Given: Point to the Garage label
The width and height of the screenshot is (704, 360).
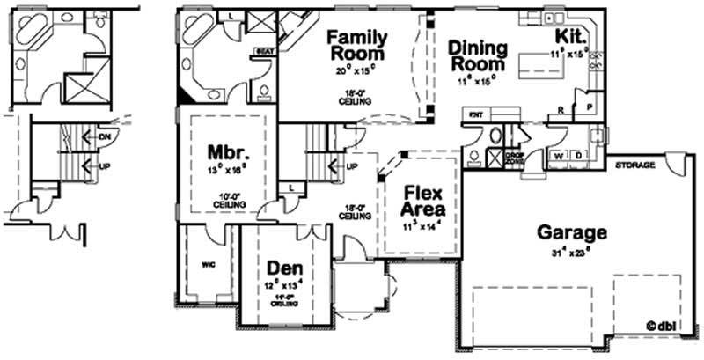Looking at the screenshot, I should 572,233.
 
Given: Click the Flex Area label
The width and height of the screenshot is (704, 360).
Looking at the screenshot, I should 422,202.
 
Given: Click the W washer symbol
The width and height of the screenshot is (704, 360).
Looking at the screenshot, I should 557,157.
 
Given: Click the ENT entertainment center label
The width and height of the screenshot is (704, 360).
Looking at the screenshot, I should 476,114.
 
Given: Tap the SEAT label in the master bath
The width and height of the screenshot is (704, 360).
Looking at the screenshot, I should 261,52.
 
